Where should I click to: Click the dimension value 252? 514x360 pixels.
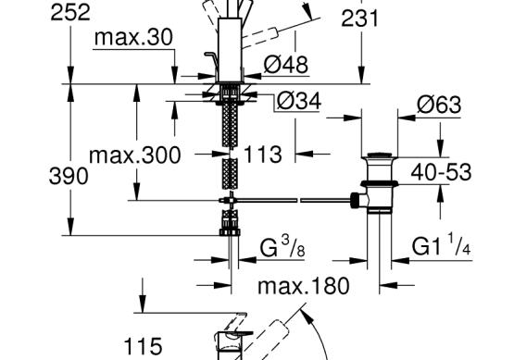pyautogui.click(x=70, y=13)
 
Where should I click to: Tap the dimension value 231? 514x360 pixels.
pyautogui.click(x=359, y=19)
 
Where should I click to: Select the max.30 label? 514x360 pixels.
pyautogui.click(x=133, y=37)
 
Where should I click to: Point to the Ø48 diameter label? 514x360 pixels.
pyautogui.click(x=286, y=64)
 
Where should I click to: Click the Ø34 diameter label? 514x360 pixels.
pyautogui.click(x=298, y=101)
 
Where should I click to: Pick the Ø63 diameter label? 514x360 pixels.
pyautogui.click(x=439, y=105)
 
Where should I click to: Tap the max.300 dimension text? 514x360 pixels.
pyautogui.click(x=134, y=155)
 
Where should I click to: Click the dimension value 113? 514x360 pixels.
pyautogui.click(x=263, y=155)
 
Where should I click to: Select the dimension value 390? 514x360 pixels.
pyautogui.click(x=69, y=176)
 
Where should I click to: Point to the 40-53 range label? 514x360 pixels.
pyautogui.click(x=441, y=172)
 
